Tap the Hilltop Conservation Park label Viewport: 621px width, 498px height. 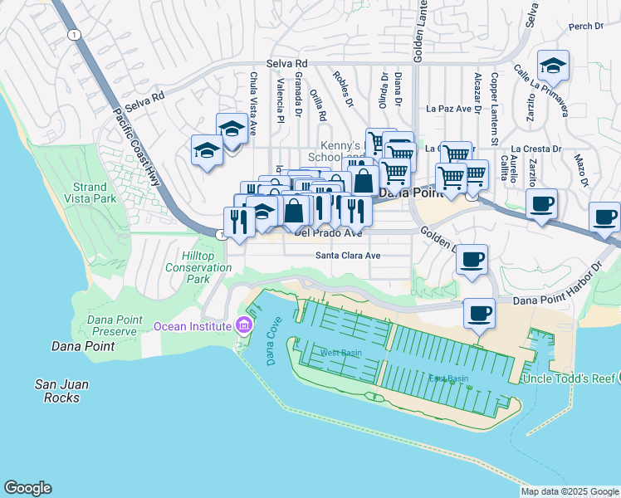pos(198,268)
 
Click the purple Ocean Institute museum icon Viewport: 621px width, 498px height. pos(242,325)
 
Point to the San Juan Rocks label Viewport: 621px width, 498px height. pos(61,391)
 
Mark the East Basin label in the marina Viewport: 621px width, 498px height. pos(447,378)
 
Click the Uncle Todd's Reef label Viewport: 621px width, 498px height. pos(568,378)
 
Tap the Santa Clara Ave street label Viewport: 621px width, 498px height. pos(347,256)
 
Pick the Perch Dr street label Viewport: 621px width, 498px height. pos(585,27)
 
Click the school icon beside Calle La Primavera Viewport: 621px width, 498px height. pos(553,66)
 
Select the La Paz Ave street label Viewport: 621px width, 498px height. pos(448,108)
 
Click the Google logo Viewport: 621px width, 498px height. pos(27,488)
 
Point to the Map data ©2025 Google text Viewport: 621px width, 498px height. pos(570,491)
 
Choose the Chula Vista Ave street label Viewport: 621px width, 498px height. pos(255,96)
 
